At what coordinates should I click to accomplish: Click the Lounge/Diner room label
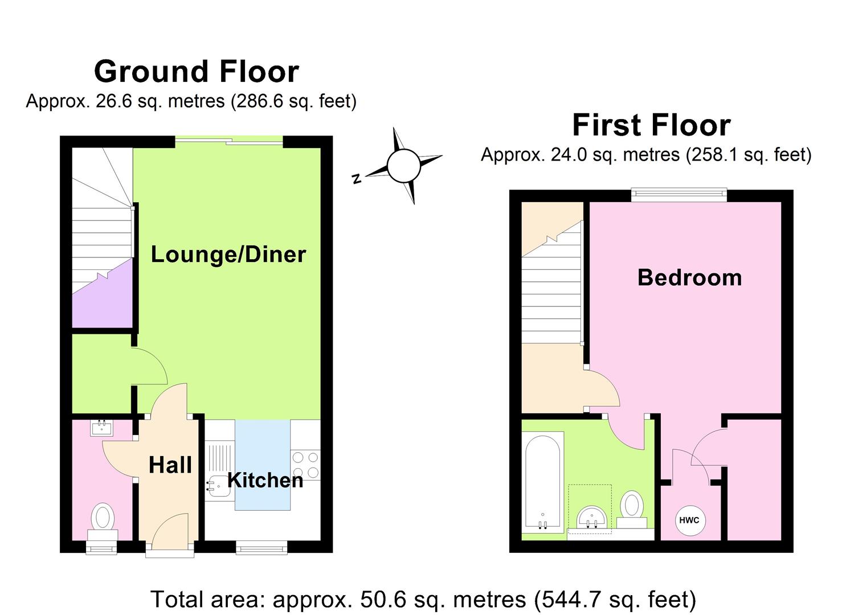[x=228, y=254]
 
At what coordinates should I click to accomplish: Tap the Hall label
[x=170, y=465]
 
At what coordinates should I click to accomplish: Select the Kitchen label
[x=265, y=480]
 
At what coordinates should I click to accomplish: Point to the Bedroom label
[x=689, y=277]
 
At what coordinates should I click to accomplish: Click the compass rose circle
[x=403, y=166]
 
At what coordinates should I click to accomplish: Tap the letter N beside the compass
[x=357, y=179]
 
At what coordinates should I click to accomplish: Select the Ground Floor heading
[x=196, y=72]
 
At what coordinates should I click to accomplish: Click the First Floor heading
[x=651, y=125]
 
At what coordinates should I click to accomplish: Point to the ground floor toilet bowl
[x=103, y=517]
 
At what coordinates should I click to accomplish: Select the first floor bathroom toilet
[x=631, y=506]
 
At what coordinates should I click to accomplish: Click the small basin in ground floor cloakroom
[x=101, y=427]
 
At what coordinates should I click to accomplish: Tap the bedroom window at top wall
[x=679, y=195]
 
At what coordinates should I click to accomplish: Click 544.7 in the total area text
[x=569, y=600]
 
